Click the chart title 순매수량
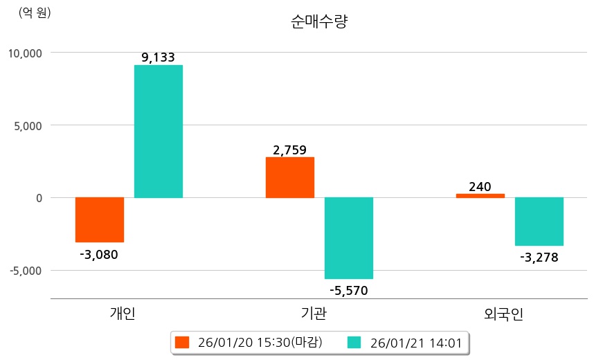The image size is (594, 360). [319, 21]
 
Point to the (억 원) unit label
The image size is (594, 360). [35, 12]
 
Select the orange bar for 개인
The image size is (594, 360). [100, 219]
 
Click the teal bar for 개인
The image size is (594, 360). [158, 132]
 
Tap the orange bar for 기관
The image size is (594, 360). [290, 177]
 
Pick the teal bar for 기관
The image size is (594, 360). [348, 238]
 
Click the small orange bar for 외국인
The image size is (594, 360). [480, 195]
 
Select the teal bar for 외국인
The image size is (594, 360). [539, 222]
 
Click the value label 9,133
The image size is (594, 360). [158, 57]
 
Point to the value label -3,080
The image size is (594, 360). [99, 254]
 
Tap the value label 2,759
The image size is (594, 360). [290, 150]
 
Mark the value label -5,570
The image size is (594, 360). [348, 290]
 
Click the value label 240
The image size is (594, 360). [480, 186]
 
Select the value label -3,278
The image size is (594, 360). [539, 258]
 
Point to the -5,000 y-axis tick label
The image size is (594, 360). [26, 270]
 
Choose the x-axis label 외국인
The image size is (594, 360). [504, 314]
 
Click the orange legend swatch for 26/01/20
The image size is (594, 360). [182, 342]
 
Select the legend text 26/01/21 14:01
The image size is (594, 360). [415, 342]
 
